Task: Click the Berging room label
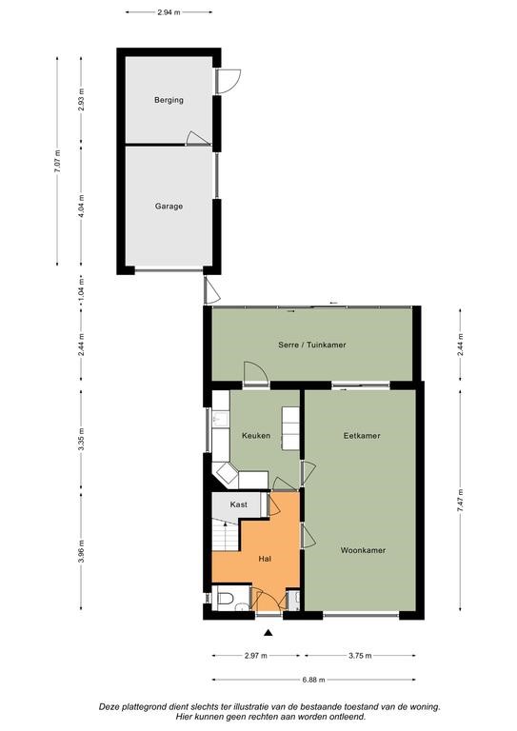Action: click(169, 100)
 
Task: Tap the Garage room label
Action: click(169, 206)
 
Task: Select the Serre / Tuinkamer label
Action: click(312, 345)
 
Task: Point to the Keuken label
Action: click(256, 435)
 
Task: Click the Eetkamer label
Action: click(362, 435)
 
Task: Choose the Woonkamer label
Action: click(363, 550)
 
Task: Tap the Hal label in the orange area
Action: click(265, 559)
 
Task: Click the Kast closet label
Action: click(239, 504)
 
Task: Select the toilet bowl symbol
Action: click(224, 599)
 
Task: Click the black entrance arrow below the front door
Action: click(268, 633)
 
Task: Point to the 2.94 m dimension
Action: click(169, 12)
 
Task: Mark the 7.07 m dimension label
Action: click(57, 161)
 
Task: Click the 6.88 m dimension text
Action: click(313, 680)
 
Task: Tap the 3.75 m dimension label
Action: click(360, 656)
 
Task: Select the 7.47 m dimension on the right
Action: click(460, 501)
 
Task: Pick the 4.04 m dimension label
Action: click(81, 206)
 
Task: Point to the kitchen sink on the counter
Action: click(221, 419)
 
